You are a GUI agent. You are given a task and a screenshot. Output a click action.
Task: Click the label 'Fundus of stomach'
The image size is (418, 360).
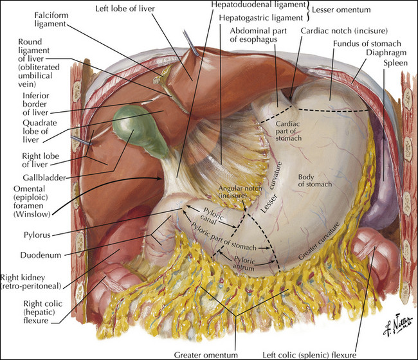pyautogui.click(x=367, y=44)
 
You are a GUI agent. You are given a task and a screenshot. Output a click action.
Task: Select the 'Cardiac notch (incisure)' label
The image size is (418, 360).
pyautogui.click(x=344, y=31)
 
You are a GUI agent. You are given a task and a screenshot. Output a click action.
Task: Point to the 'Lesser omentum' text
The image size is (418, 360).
pyautogui.click(x=341, y=10)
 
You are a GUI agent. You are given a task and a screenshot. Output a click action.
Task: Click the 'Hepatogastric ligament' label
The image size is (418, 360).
pyautogui.click(x=261, y=18)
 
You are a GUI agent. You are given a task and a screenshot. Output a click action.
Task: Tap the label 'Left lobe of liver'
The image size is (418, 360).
pyautogui.click(x=125, y=8)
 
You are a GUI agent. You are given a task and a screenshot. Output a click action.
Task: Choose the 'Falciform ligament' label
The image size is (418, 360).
pyautogui.click(x=51, y=19)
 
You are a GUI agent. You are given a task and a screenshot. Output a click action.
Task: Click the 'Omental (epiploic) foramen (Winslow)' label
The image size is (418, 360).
pyautogui.click(x=32, y=201)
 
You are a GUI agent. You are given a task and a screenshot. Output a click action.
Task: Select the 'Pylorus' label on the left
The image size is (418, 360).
pyautogui.click(x=37, y=235)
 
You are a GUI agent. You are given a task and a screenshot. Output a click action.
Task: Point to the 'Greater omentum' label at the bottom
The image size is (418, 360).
pyautogui.click(x=206, y=355)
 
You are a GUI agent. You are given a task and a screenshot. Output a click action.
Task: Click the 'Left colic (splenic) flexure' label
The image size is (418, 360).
pyautogui.click(x=309, y=355)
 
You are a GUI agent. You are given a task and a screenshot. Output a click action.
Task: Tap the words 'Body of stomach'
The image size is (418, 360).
pyautogui.click(x=315, y=181)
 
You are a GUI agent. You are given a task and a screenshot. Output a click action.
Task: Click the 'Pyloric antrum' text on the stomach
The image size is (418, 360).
pyautogui.click(x=244, y=264)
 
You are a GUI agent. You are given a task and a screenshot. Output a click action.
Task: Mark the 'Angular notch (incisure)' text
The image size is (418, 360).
pyautogui.click(x=240, y=192)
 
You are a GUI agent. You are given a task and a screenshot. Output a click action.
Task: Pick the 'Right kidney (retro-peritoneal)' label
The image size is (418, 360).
pyautogui.click(x=31, y=282)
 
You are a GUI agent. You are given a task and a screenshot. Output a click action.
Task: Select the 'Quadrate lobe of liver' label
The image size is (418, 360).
pyautogui.click(x=40, y=131)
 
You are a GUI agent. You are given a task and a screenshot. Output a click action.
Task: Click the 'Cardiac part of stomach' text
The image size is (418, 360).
pyautogui.click(x=289, y=131)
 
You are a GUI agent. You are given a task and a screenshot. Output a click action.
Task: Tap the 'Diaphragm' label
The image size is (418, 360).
pyautogui.click(x=386, y=53)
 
